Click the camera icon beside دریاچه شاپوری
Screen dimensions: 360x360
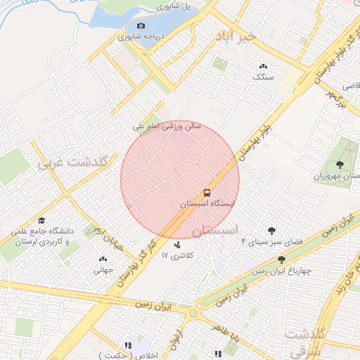click(141, 26)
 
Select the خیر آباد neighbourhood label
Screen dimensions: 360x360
click(254, 34)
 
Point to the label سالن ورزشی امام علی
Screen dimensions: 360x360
click(167, 127)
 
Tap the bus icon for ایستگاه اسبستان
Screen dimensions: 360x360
click(207, 192)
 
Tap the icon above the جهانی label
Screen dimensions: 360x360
click(102, 258)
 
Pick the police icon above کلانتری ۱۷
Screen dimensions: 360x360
click(177, 245)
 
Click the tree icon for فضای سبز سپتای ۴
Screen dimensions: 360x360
click(271, 230)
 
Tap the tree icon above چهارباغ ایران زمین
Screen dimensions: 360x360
click(282, 259)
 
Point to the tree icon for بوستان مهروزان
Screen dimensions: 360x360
click(340, 164)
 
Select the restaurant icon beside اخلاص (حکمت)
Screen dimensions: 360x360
click(128, 345)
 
